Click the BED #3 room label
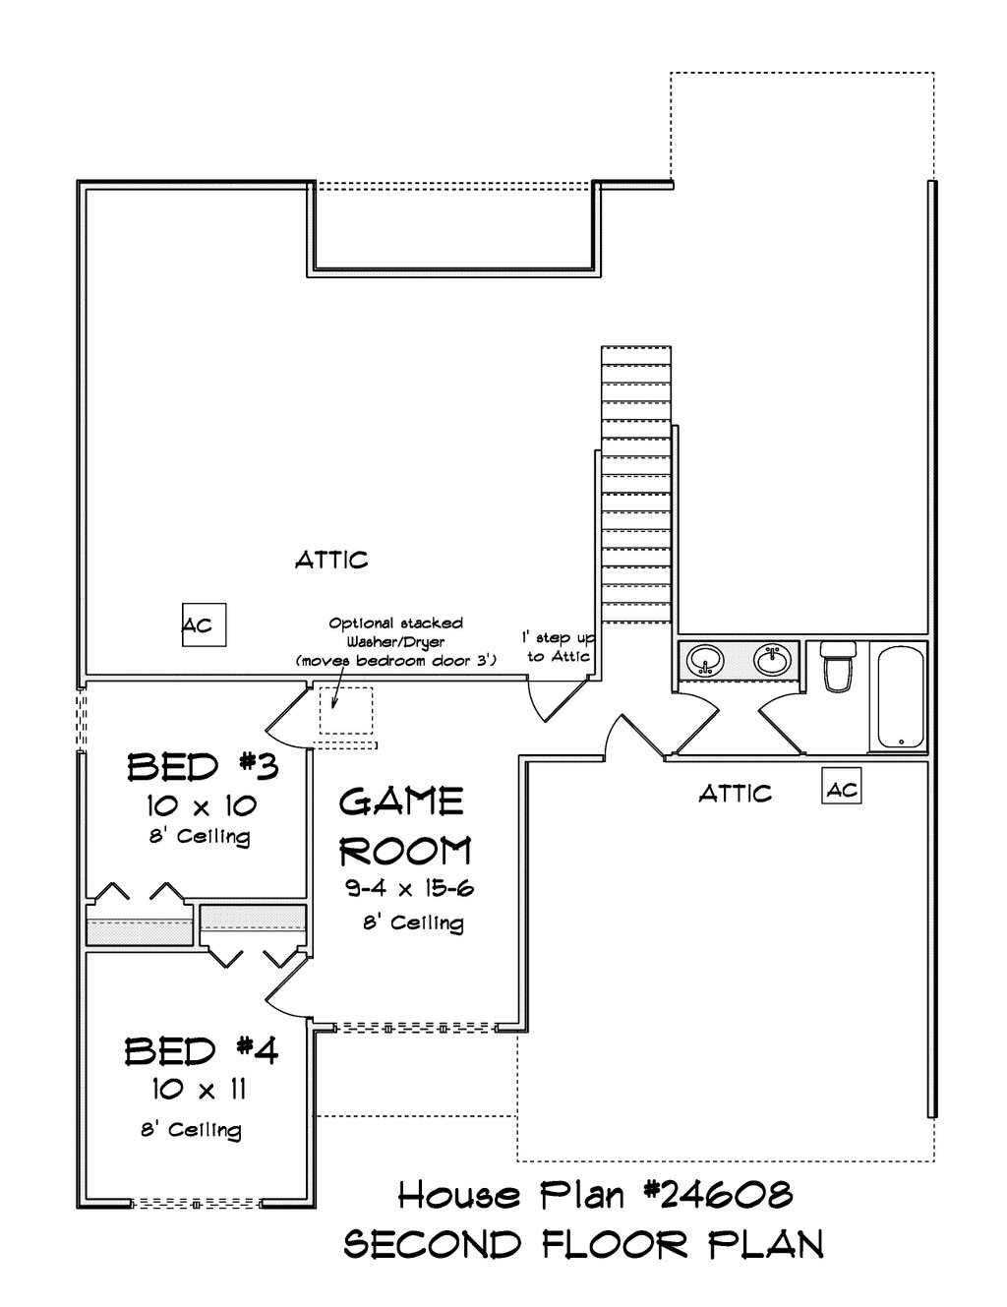(x=203, y=767)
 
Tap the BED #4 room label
(x=202, y=1050)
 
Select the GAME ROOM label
(x=405, y=827)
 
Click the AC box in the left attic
(x=205, y=624)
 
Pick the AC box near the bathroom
(x=842, y=786)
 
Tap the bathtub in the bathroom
(x=901, y=697)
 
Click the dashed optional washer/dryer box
(x=346, y=711)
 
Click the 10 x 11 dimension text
(x=199, y=1090)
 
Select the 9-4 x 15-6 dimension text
(x=409, y=887)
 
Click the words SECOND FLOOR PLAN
(x=583, y=1244)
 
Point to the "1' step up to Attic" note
(x=558, y=646)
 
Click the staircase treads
(x=636, y=484)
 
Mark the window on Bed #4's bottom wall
(x=196, y=1204)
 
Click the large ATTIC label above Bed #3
(x=331, y=561)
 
